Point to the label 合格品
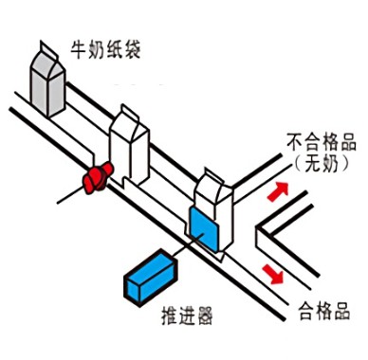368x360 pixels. pyautogui.click(x=324, y=309)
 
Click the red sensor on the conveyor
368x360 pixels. pyautogui.click(x=97, y=178)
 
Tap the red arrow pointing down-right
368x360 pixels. pyautogui.click(x=275, y=276)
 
